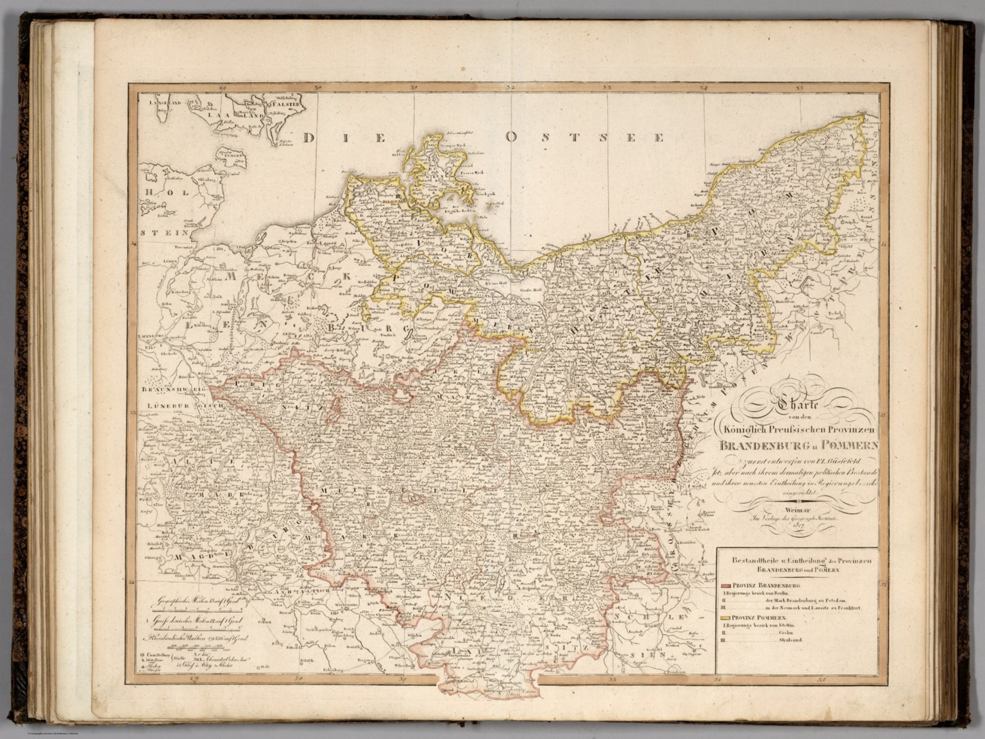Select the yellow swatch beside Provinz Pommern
coord(725,617)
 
